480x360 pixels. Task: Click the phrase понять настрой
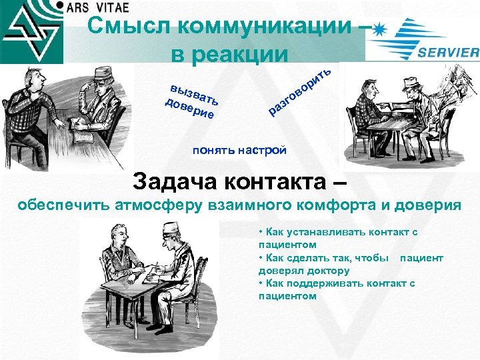click(239, 150)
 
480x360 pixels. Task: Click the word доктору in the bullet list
click(328, 271)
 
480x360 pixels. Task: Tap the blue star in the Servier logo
click(381, 29)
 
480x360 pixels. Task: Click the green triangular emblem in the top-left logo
click(30, 30)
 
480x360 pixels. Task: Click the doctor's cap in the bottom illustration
click(172, 227)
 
